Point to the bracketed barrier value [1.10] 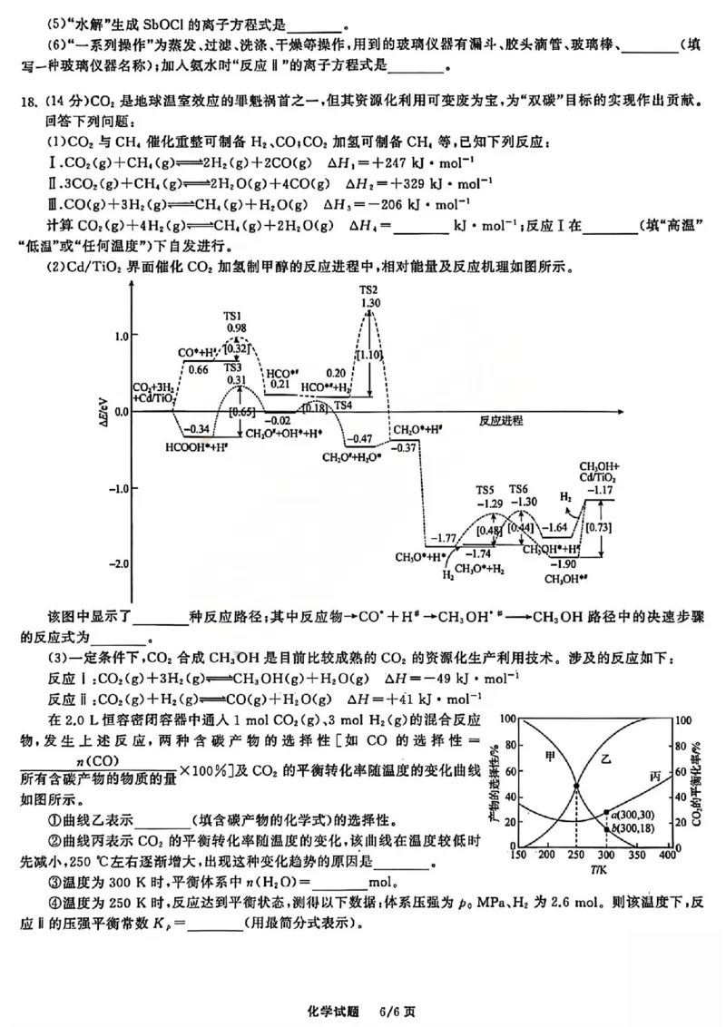[x=368, y=357]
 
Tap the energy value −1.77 [x=444, y=538]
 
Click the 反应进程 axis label [x=504, y=422]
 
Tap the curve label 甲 [x=548, y=755]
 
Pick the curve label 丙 [x=655, y=777]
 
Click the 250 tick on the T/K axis [x=576, y=856]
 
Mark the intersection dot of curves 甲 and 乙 [x=576, y=786]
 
